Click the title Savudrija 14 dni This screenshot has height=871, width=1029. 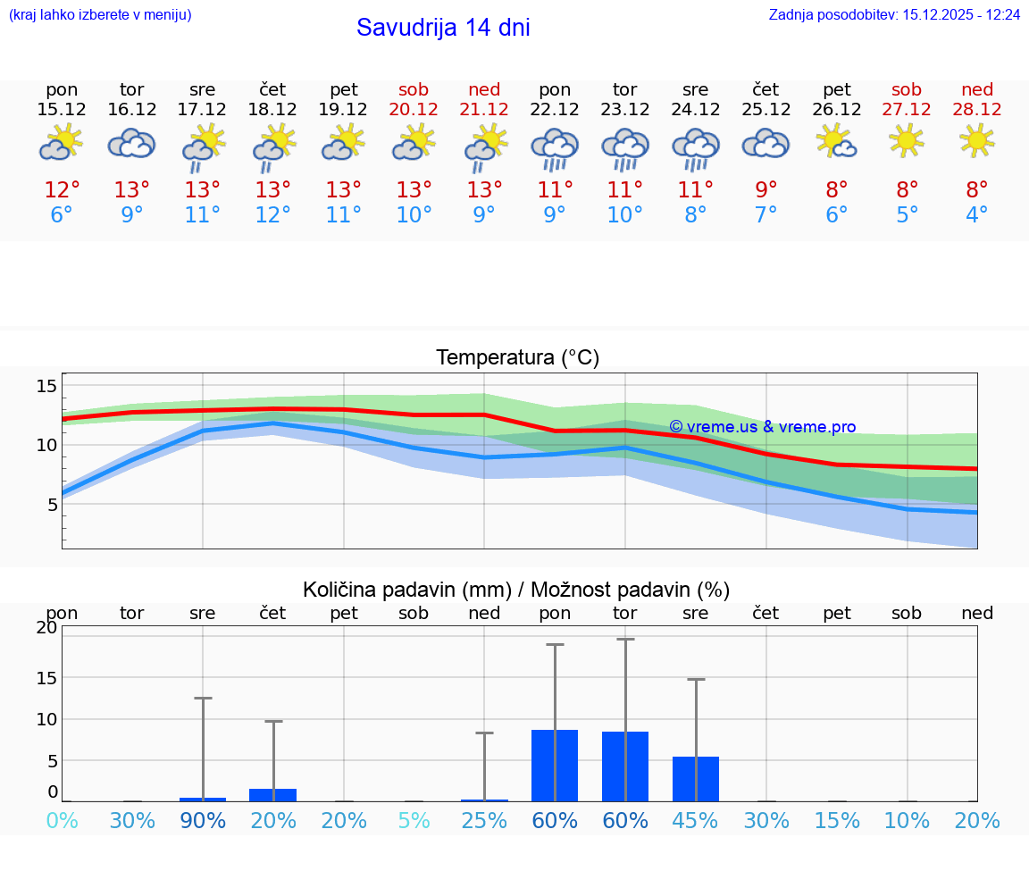[x=443, y=28]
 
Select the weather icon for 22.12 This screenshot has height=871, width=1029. [x=555, y=148]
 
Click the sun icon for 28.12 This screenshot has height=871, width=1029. [x=977, y=139]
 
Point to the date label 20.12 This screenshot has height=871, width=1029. [x=414, y=109]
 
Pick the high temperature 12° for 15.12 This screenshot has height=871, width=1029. [x=62, y=190]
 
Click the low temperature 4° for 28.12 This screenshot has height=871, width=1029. [x=977, y=215]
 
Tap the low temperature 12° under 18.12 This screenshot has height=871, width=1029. [x=273, y=215]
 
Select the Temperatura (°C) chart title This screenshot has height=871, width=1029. [x=517, y=358]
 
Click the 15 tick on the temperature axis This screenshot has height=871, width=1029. [x=46, y=386]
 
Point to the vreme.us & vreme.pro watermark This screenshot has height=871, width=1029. [x=762, y=427]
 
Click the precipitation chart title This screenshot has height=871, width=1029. [x=516, y=590]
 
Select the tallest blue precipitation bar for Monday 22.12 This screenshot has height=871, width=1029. [x=555, y=766]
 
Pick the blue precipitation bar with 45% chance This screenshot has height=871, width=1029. [x=695, y=779]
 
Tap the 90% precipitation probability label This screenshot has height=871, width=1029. [x=203, y=821]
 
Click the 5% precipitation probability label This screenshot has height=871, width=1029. [x=414, y=821]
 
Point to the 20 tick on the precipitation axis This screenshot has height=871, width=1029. [x=46, y=627]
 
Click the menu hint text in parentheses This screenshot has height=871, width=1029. [x=99, y=14]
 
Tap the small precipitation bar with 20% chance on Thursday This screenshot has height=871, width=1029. [x=273, y=795]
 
